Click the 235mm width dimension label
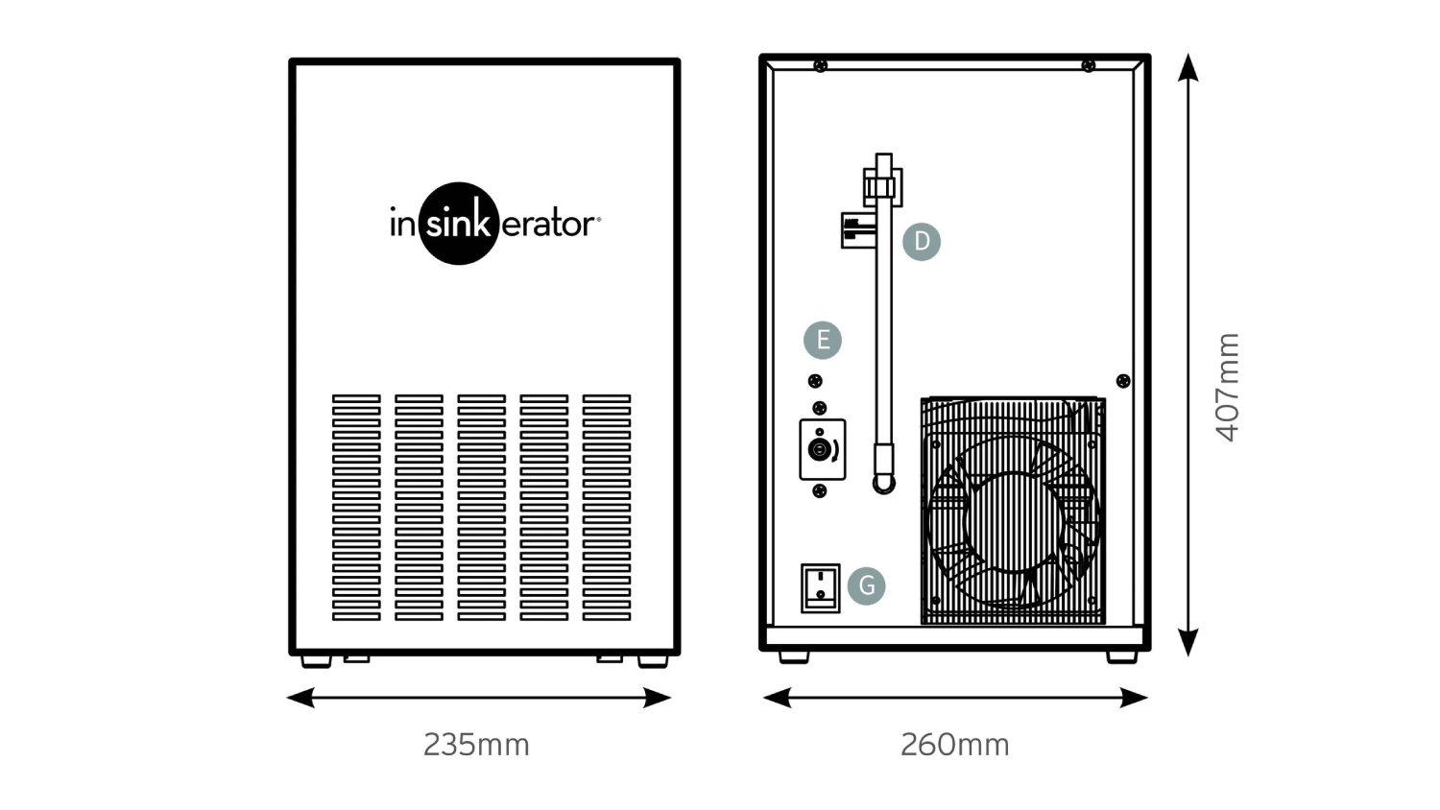tap(476, 745)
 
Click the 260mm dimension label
tap(954, 745)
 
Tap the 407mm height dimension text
tap(1228, 388)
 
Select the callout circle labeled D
tap(922, 242)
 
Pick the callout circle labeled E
tap(823, 340)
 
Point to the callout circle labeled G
tap(867, 585)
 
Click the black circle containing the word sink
tap(458, 223)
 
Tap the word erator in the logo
tap(547, 225)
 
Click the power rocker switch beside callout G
tap(820, 588)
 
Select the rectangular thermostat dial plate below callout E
tap(822, 449)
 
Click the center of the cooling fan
tap(1013, 522)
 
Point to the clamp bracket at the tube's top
tap(882, 187)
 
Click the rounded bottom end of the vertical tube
tap(884, 485)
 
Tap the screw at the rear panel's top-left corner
tap(820, 65)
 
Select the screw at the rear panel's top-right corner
tap(1089, 65)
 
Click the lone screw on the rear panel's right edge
tap(1123, 381)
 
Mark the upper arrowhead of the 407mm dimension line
tap(1188, 67)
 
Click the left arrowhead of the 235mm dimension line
tap(300, 698)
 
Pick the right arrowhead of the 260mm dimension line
tap(1134, 698)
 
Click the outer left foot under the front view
tap(316, 661)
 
